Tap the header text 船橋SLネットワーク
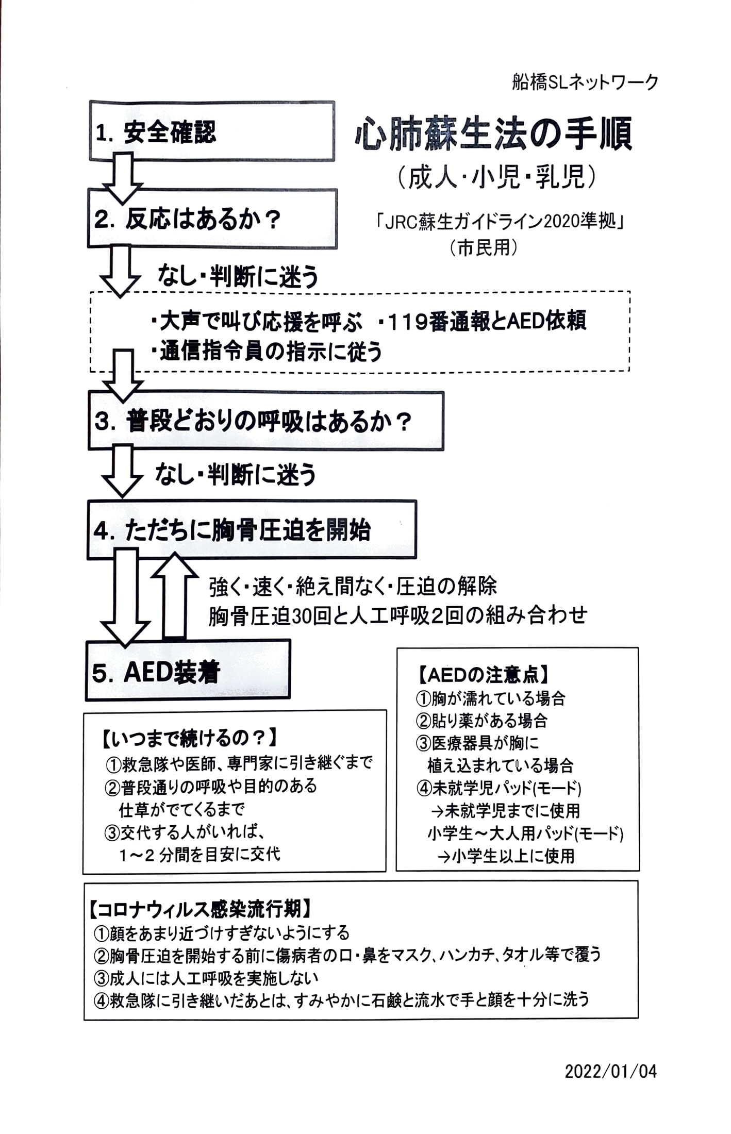point(585,82)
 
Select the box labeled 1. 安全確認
point(212,131)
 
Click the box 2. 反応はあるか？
point(212,219)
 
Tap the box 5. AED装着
point(188,670)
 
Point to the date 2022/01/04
point(611,1072)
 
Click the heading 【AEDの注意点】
point(482,674)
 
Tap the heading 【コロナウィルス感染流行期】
point(198,909)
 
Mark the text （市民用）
point(483,248)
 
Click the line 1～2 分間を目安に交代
point(200,854)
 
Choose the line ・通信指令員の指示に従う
point(267,352)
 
